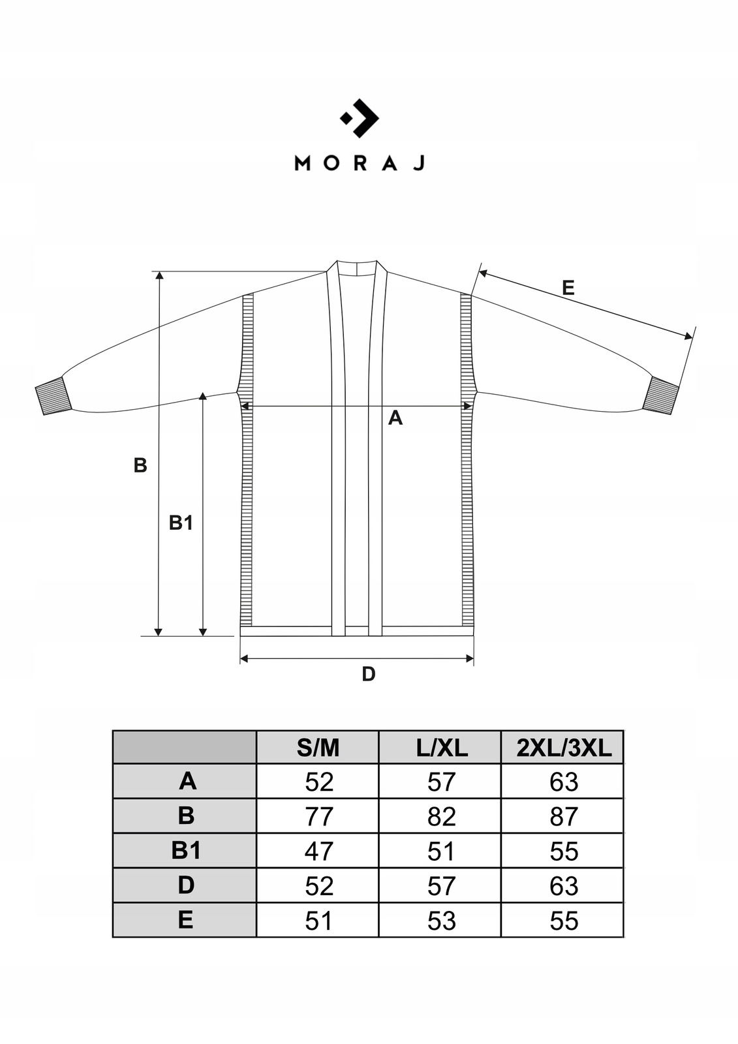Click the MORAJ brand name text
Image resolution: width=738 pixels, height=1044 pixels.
coord(360,164)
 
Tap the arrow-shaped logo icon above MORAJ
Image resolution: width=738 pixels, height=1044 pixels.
coord(360,118)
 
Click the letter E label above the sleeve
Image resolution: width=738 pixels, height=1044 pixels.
coord(568,288)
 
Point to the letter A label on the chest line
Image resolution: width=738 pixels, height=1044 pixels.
coord(395,418)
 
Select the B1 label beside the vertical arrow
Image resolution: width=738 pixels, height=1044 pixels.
coord(181,523)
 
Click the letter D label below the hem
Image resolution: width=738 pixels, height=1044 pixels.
coord(368,674)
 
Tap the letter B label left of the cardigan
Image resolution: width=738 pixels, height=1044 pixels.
coord(140,465)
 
